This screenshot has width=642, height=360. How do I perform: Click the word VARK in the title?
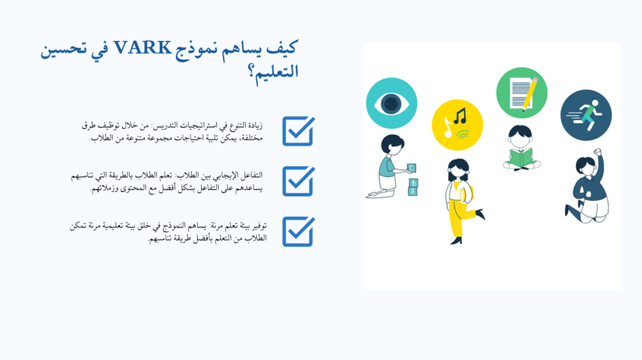pyautogui.click(x=142, y=48)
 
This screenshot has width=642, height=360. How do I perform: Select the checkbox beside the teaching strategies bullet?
pyautogui.click(x=299, y=131)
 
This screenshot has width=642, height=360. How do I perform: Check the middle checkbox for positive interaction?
pyautogui.click(x=299, y=181)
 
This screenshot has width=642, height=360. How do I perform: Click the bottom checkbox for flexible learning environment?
pyautogui.click(x=299, y=232)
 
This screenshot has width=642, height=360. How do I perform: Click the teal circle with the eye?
pyautogui.click(x=392, y=103)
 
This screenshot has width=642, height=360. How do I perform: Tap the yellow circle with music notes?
pyautogui.click(x=457, y=124)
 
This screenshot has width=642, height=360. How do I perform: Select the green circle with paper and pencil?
pyautogui.click(x=521, y=93)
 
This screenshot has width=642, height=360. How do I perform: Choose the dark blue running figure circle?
pyautogui.click(x=586, y=116)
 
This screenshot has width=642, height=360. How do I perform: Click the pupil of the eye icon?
pyautogui.click(x=391, y=103)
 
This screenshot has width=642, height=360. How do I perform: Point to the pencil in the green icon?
pyautogui.click(x=530, y=94)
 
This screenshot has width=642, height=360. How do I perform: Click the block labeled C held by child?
pyautogui.click(x=412, y=167)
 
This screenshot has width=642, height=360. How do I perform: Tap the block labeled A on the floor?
pyautogui.click(x=413, y=191)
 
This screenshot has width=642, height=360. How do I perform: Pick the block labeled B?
pyautogui.click(x=413, y=183)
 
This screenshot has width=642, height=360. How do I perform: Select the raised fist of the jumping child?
pyautogui.click(x=597, y=152)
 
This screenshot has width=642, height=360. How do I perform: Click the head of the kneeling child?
pyautogui.click(x=393, y=144)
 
